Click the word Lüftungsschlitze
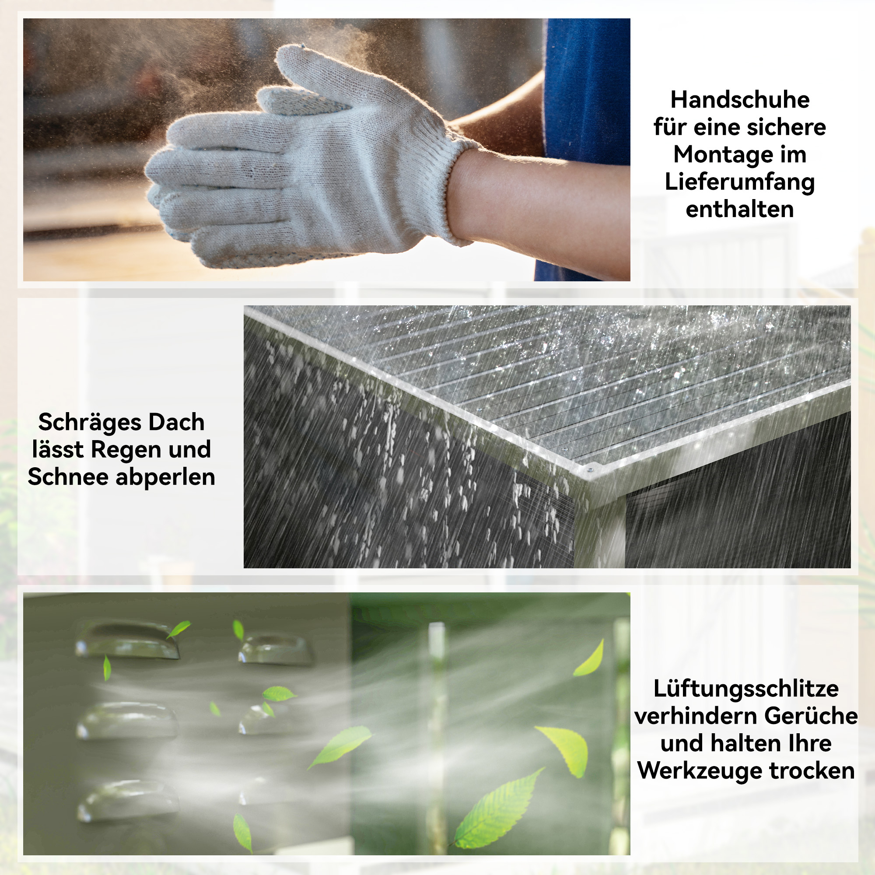click(746, 689)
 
